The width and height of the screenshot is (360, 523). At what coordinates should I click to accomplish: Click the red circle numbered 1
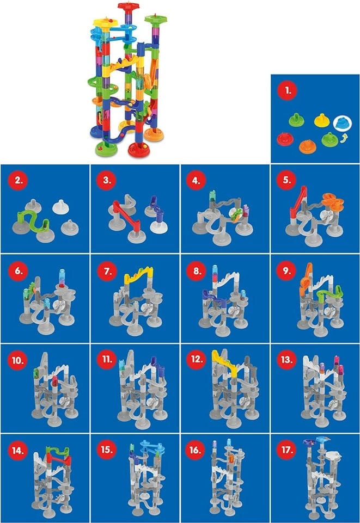click(x=286, y=90)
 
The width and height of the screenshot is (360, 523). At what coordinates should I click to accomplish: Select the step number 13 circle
click(x=286, y=359)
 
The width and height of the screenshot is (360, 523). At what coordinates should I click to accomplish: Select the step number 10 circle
click(x=16, y=359)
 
